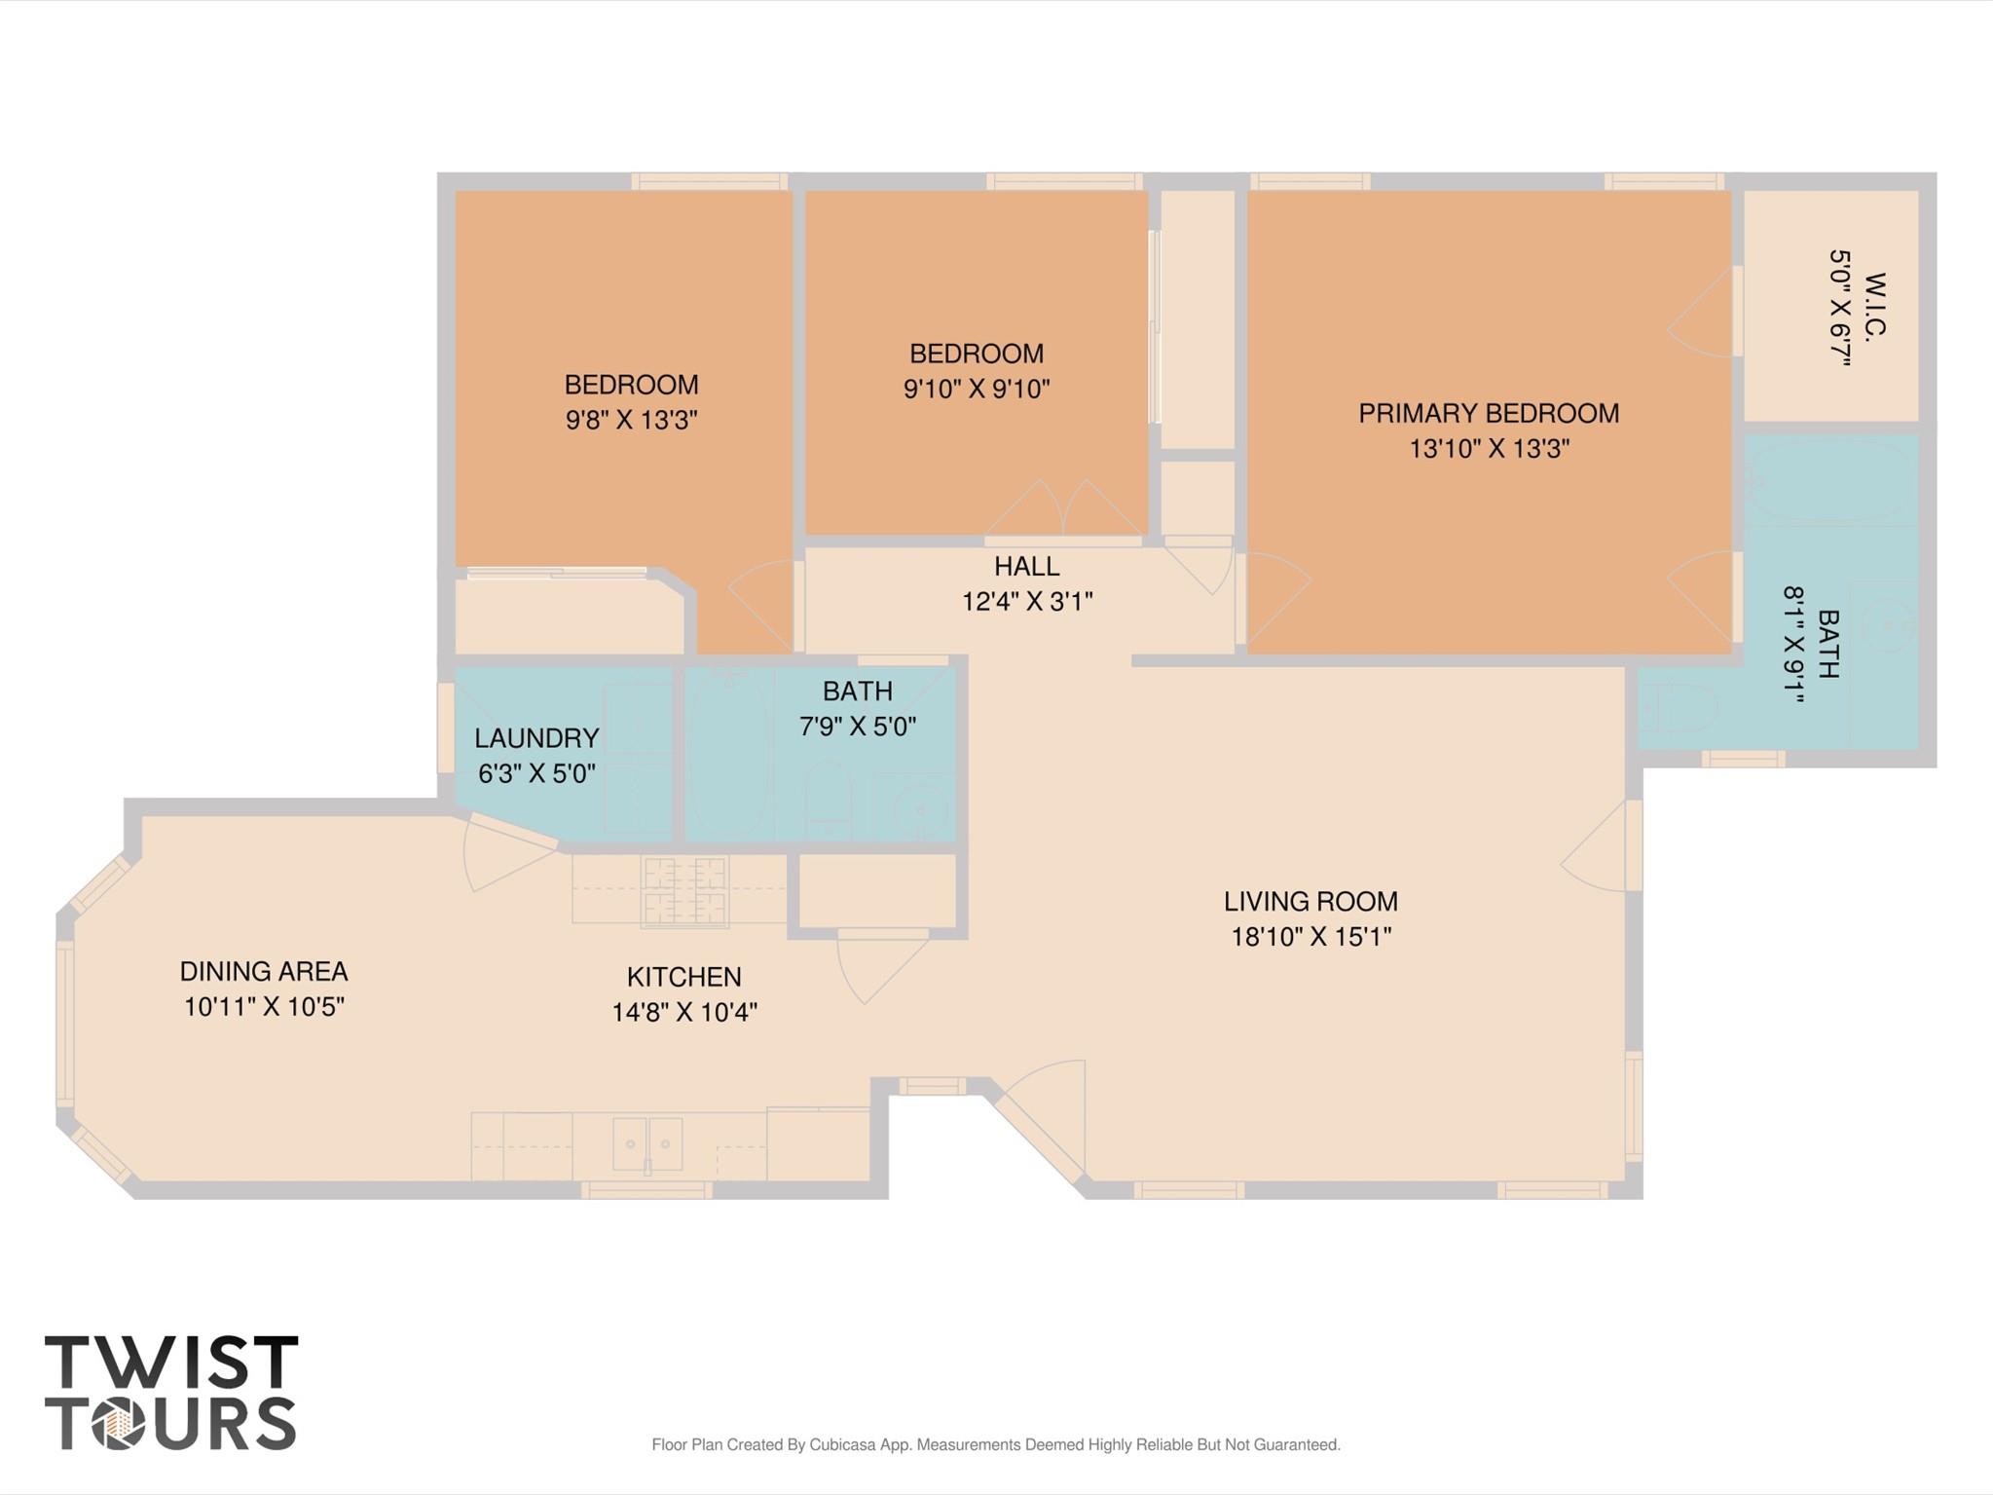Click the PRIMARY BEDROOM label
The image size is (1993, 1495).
[x=1489, y=413]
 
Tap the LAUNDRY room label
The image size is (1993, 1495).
[x=536, y=738]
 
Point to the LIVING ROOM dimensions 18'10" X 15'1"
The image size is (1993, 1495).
[x=1311, y=937]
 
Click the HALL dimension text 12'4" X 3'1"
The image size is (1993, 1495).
[x=1027, y=602]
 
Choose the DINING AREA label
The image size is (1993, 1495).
[x=264, y=971]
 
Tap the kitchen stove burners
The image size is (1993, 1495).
[x=684, y=891]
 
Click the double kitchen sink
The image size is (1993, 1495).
[x=647, y=1144]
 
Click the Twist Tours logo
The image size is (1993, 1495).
[x=171, y=1392]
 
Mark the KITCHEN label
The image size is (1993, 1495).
[x=684, y=977]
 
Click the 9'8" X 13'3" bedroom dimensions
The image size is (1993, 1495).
[x=632, y=420]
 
